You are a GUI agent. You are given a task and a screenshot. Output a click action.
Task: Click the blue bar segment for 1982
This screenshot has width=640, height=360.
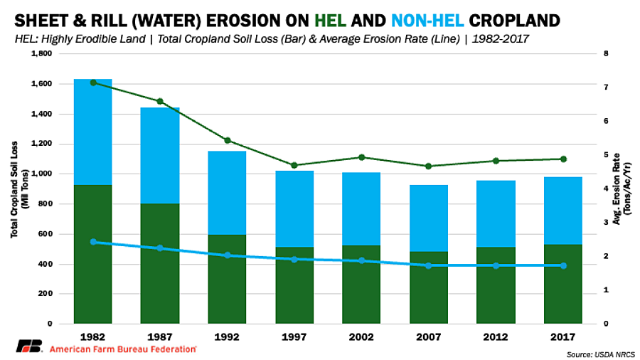[93, 132]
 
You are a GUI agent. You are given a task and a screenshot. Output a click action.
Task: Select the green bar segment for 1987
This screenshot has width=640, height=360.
[161, 263]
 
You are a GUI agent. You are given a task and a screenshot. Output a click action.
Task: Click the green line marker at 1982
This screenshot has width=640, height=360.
[93, 83]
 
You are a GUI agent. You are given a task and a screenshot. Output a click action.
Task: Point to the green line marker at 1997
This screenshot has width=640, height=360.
[294, 165]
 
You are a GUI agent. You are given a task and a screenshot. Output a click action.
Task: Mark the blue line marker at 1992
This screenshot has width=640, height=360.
[228, 255]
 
